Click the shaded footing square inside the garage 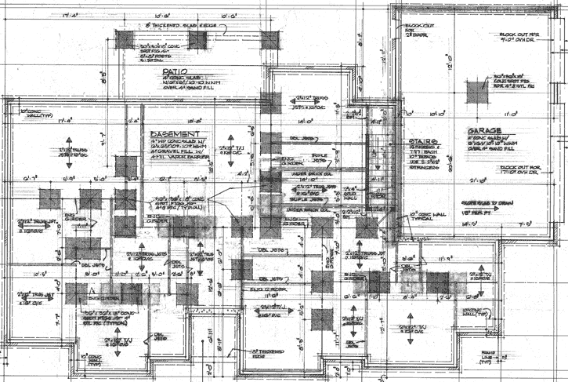point(477,92)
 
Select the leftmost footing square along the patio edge point(128,40)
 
